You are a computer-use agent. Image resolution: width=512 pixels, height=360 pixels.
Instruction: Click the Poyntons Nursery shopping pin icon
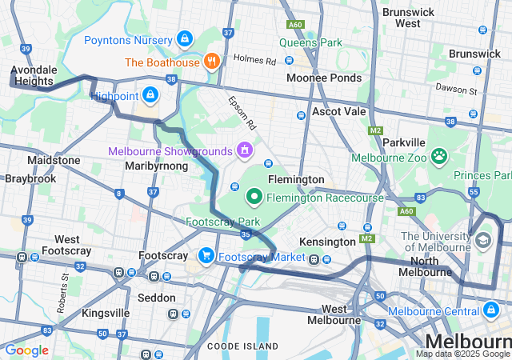click(185, 38)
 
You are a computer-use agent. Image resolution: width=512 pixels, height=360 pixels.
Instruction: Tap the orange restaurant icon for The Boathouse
click(211, 61)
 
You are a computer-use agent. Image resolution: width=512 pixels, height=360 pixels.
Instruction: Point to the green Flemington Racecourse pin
click(254, 195)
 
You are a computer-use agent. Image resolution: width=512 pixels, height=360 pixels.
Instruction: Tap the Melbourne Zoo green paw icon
click(438, 156)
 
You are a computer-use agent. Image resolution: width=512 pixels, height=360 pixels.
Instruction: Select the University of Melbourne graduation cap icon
click(483, 240)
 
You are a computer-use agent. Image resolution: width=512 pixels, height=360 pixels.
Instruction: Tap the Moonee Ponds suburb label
click(324, 78)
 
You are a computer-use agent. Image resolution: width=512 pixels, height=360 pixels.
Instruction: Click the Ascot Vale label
click(338, 111)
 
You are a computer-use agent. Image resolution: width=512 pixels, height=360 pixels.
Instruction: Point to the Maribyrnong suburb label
click(156, 166)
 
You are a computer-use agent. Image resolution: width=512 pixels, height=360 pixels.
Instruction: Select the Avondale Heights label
click(32, 75)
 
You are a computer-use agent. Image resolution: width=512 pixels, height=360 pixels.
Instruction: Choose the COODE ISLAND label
click(242, 346)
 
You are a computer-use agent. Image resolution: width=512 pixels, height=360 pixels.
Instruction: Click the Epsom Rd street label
click(241, 114)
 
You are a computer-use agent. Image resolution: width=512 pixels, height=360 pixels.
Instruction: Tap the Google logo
click(26, 350)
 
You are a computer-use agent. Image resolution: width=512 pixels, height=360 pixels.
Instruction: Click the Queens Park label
click(310, 42)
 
